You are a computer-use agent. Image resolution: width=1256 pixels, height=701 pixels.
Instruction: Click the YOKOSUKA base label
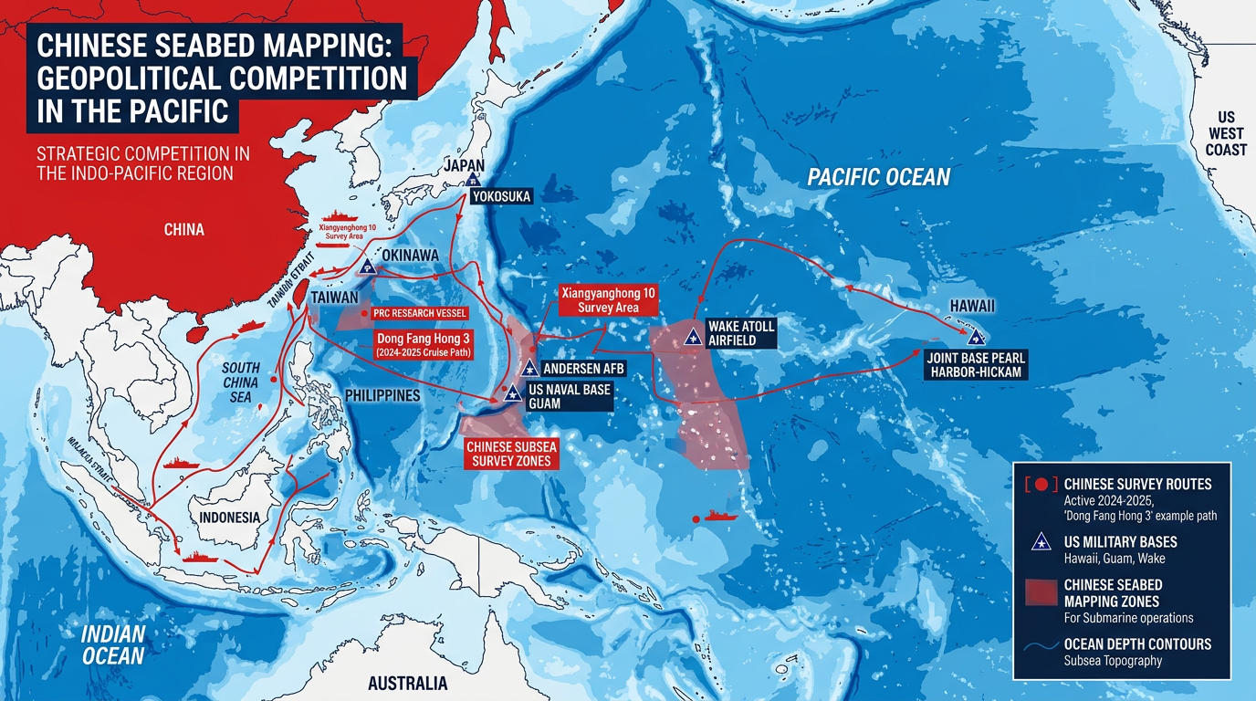(501, 196)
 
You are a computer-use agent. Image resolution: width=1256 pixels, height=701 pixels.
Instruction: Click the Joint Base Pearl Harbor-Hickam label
(976, 364)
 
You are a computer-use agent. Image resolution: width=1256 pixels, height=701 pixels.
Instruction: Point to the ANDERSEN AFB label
(583, 369)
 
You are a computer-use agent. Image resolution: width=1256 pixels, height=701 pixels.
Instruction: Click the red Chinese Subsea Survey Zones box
(510, 454)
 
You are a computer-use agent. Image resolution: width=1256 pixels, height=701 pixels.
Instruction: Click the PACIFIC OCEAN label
(879, 177)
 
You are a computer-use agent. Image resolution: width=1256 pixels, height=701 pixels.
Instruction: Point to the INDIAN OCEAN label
(113, 644)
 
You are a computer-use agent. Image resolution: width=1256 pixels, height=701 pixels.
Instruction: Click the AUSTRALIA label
(407, 684)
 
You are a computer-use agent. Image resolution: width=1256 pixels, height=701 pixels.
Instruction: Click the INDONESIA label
(229, 517)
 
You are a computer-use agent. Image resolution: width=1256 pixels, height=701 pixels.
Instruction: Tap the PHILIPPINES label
(382, 395)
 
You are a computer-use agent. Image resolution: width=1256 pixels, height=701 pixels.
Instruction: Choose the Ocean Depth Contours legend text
(1137, 644)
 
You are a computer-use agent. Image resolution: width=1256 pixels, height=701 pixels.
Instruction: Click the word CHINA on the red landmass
(183, 229)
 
